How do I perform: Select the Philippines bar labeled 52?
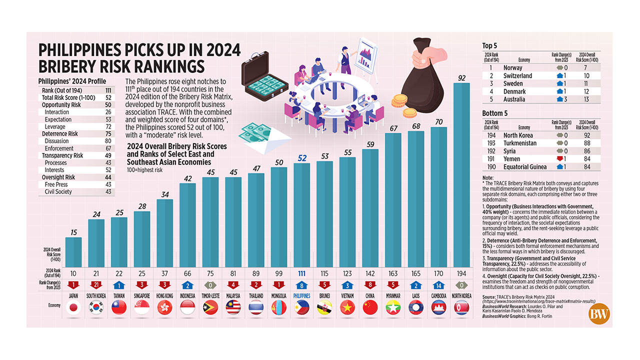pos(301,215)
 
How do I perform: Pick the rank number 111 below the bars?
pos(301,273)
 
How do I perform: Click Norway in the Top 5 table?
pos(513,67)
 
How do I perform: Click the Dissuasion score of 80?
pos(108,141)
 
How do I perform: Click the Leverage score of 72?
pos(108,127)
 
